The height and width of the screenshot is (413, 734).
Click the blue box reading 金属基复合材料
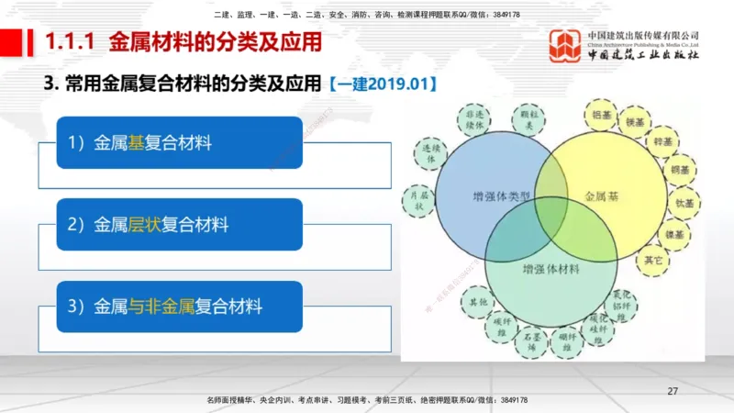pyautogui.click(x=179, y=142)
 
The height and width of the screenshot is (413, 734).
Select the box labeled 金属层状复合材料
pyautogui.click(x=179, y=224)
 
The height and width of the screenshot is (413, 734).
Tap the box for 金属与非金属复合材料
pyautogui.click(x=179, y=306)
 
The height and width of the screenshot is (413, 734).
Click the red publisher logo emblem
pyautogui.click(x=566, y=46)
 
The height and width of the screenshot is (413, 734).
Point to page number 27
pyautogui.click(x=673, y=392)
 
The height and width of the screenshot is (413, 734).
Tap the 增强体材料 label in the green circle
pyautogui.click(x=550, y=270)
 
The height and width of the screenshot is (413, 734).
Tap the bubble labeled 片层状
pyautogui.click(x=419, y=201)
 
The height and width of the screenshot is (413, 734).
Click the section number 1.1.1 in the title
pyautogui.click(x=72, y=41)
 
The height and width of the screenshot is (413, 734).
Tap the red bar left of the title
pyautogui.click(x=11, y=41)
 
